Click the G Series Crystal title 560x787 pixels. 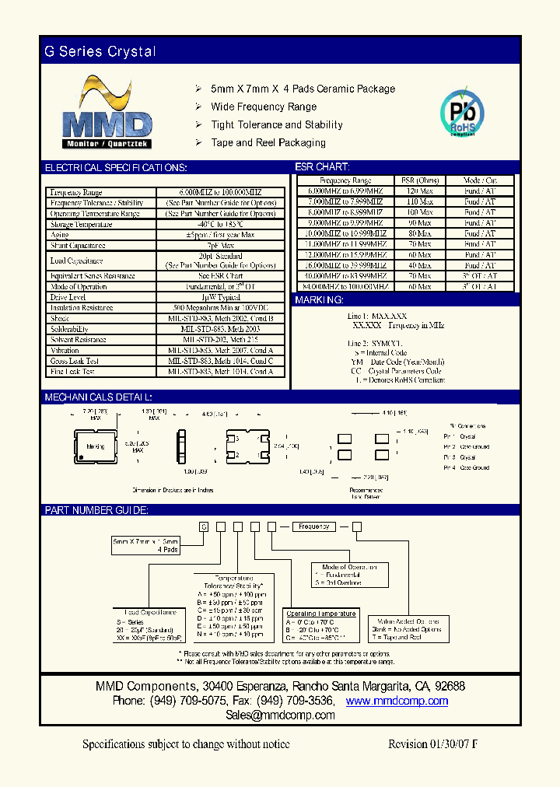coord(100,52)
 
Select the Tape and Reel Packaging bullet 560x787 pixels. coord(268,143)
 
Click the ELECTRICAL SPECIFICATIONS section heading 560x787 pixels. coord(116,168)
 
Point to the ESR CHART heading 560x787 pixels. coord(322,167)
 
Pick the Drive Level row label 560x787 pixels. coord(68,297)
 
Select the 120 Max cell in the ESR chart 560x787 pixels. coord(419,191)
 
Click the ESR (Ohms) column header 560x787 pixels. coord(419,180)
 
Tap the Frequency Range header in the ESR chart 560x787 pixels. coord(345,180)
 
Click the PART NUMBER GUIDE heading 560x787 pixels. coord(96,510)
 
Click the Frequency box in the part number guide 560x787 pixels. coord(314,526)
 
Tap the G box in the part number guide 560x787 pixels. coord(204,526)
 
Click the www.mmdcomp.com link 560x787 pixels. coord(397,701)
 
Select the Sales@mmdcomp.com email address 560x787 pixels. coord(280,715)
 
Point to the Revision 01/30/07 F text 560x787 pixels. coord(432,744)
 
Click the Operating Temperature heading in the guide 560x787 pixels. coord(321,614)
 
